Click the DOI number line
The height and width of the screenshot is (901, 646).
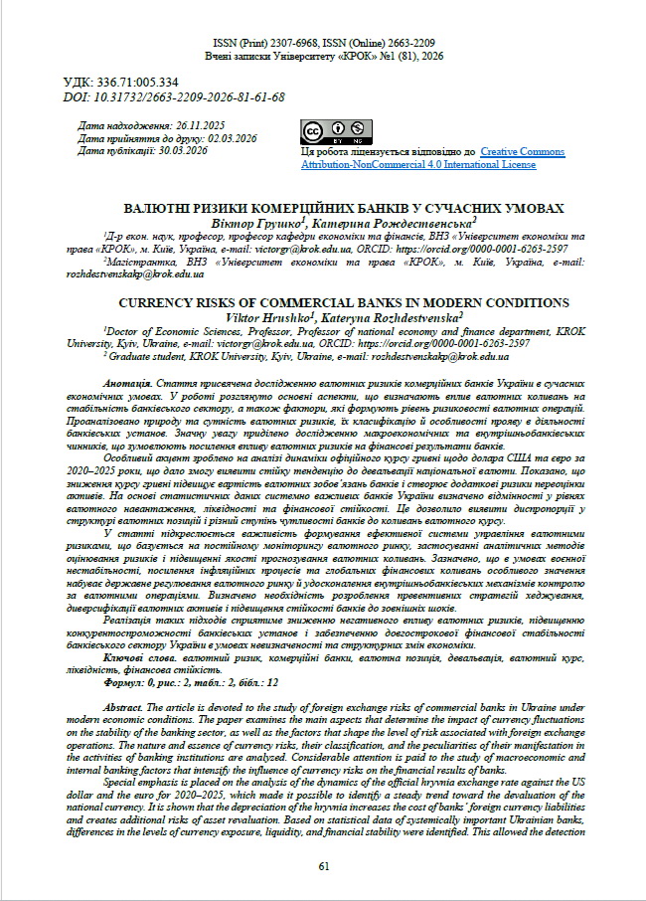174,96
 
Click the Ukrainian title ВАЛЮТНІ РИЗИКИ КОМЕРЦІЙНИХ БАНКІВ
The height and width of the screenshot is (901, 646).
344,209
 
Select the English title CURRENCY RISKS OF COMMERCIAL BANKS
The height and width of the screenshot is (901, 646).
344,301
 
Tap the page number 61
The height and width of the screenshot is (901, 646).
324,866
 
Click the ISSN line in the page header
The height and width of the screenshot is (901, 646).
324,44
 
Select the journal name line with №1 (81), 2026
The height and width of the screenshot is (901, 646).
324,57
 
